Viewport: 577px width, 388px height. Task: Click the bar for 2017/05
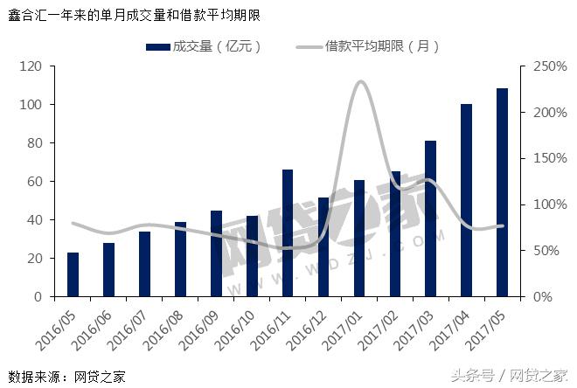[x=502, y=192]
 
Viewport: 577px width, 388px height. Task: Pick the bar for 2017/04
[x=466, y=200]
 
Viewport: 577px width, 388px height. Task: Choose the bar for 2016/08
[x=180, y=260]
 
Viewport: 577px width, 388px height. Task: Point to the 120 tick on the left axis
[x=31, y=66]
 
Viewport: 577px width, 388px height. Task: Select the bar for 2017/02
[x=395, y=233]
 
